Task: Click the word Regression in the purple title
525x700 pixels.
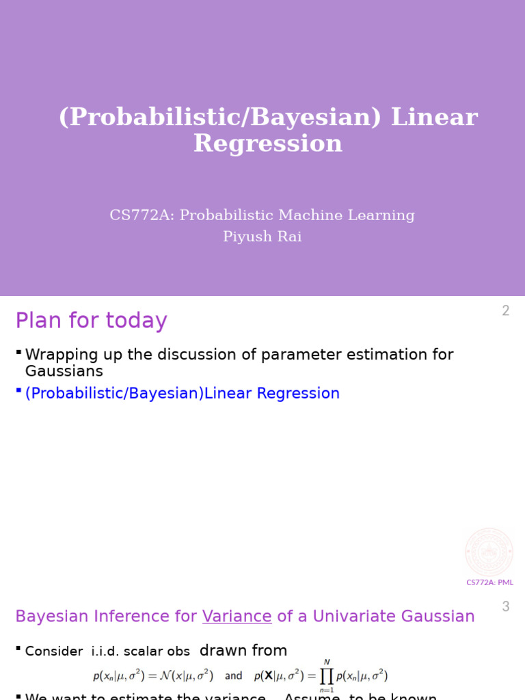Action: pyautogui.click(x=267, y=144)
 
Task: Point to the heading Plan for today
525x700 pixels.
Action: pyautogui.click(x=91, y=321)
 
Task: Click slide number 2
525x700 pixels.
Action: pyautogui.click(x=505, y=311)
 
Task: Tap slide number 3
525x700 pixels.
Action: pyautogui.click(x=506, y=606)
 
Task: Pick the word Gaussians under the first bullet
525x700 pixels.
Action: pyautogui.click(x=64, y=371)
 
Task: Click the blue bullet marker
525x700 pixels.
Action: pyautogui.click(x=18, y=390)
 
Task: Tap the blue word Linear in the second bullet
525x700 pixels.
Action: pyautogui.click(x=228, y=394)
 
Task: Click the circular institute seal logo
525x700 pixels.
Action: pyautogui.click(x=489, y=552)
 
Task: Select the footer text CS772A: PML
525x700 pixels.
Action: pyautogui.click(x=489, y=582)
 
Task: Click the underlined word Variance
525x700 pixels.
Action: pyautogui.click(x=237, y=617)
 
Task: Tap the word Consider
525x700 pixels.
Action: pyautogui.click(x=54, y=651)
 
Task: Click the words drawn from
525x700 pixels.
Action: pyautogui.click(x=243, y=651)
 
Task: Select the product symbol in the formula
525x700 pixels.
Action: pyautogui.click(x=326, y=675)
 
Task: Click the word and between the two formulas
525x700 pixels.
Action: pyautogui.click(x=234, y=676)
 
